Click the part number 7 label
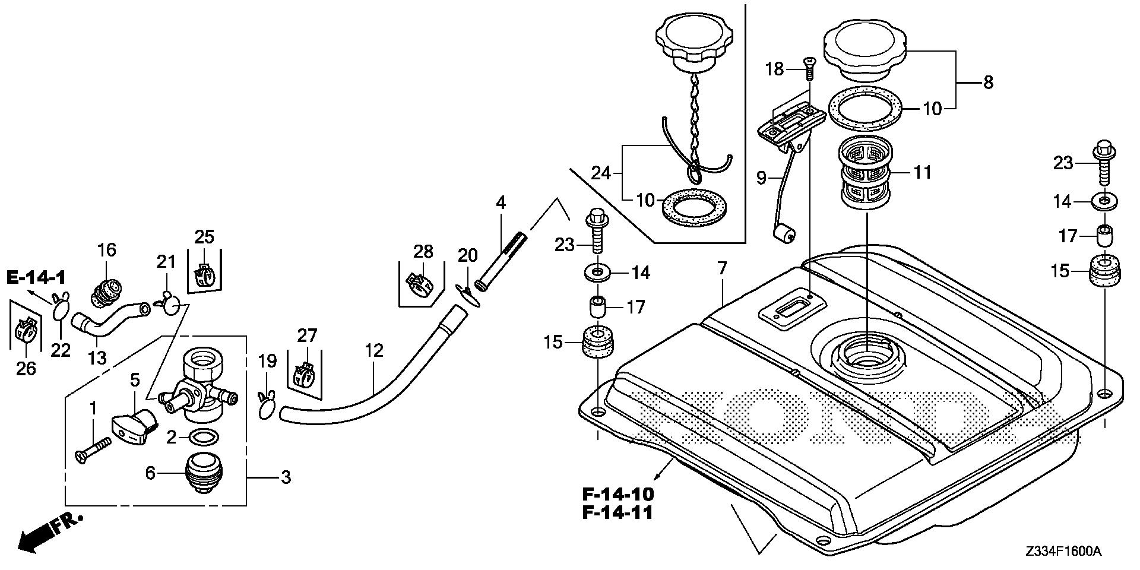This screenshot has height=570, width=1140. pos(721,268)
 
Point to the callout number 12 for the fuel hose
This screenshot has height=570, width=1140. pos(374,350)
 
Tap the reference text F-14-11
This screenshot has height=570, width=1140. pos(617,513)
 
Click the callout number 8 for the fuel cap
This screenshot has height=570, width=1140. pos(987,82)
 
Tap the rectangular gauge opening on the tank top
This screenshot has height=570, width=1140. pos(787,309)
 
